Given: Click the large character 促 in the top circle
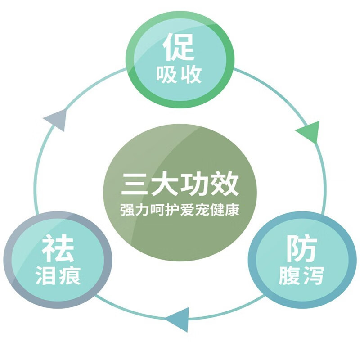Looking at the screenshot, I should pyautogui.click(x=179, y=46).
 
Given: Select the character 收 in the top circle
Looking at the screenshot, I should pyautogui.click(x=191, y=75).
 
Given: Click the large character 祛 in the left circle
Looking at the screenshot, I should pyautogui.click(x=58, y=249).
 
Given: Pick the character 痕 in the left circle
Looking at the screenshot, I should pyautogui.click(x=70, y=276).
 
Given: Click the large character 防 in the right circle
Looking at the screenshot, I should pyautogui.click(x=301, y=249).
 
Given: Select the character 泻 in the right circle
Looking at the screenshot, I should pyautogui.click(x=313, y=276).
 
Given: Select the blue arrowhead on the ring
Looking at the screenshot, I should pyautogui.click(x=178, y=319).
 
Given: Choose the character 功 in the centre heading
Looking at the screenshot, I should pyautogui.click(x=194, y=185).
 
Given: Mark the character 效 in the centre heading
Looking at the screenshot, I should pyautogui.click(x=224, y=185).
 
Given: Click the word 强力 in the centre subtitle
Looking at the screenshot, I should pyautogui.click(x=131, y=210).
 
